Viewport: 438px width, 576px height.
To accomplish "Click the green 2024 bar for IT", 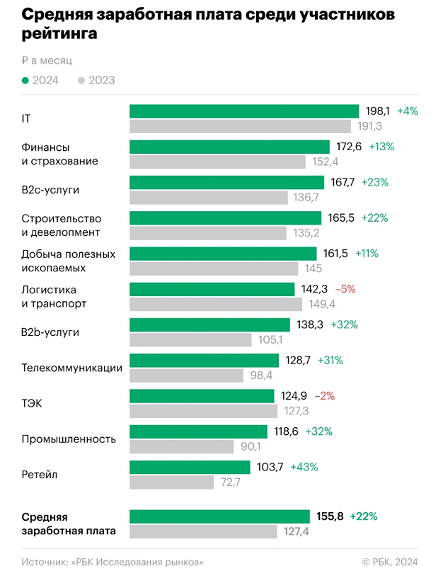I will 244,111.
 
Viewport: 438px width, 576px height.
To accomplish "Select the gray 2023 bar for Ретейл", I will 171,482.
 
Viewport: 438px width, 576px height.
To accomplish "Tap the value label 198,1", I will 377,111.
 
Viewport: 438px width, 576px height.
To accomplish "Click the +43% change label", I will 305,467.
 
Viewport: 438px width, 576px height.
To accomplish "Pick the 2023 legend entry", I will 96,80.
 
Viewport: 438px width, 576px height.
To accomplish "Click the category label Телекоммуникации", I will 72,368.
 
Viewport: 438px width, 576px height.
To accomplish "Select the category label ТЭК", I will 33,403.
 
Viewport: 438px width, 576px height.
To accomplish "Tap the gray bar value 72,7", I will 231,482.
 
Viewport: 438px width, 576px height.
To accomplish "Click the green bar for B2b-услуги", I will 209,324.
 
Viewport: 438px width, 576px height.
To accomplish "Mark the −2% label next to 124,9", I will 324,395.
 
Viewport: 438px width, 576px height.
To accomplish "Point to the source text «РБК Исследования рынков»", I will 113,561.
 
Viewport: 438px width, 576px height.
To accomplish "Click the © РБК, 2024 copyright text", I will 389,561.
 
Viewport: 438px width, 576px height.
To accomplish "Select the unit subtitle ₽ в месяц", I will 47,61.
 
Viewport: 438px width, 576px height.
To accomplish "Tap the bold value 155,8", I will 330,516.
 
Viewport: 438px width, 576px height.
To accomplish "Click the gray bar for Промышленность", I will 181,446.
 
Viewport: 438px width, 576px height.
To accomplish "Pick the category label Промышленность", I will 69,439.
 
